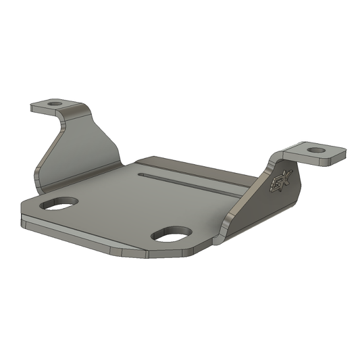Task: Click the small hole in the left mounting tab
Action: click(54, 104)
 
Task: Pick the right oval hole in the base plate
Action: click(172, 234)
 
